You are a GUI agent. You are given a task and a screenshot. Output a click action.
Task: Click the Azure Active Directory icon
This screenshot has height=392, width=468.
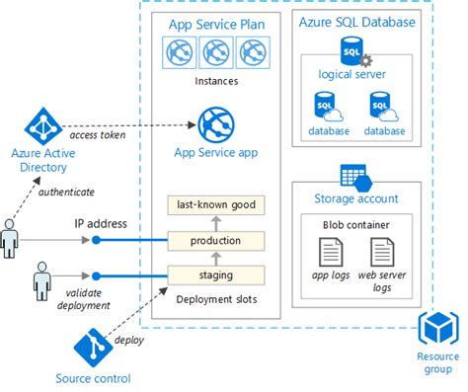(42, 123)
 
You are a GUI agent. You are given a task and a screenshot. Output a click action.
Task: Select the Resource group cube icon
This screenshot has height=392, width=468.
(437, 329)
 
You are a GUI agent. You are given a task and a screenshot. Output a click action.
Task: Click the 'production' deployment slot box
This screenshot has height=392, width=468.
(216, 240)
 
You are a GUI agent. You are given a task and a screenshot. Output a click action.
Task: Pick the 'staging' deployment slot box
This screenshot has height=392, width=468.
(216, 274)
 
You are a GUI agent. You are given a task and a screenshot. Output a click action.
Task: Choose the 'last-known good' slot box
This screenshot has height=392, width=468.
(216, 205)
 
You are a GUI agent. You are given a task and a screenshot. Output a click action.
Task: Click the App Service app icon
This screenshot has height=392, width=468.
(215, 125)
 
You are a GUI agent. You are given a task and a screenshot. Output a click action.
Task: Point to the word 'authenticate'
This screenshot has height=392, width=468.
(68, 192)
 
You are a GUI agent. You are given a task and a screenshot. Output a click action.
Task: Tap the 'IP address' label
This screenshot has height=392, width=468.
(102, 224)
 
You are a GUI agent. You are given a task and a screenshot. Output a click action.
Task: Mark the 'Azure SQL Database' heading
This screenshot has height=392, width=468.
(355, 22)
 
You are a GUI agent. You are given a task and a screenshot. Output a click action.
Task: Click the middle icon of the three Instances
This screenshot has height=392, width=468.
(215, 53)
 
